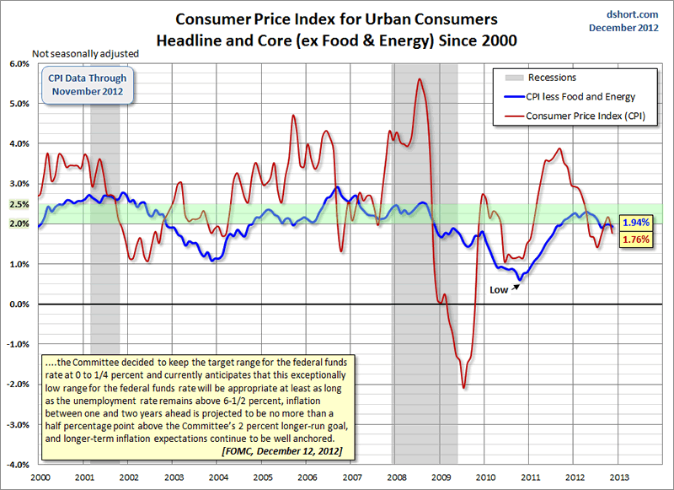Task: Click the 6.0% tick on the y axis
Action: pyautogui.click(x=19, y=63)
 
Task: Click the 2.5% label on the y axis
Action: pyautogui.click(x=19, y=204)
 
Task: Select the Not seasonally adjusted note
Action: pyautogui.click(x=85, y=54)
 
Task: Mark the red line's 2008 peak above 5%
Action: pyautogui.click(x=419, y=79)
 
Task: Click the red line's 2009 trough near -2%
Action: pyautogui.click(x=463, y=387)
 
